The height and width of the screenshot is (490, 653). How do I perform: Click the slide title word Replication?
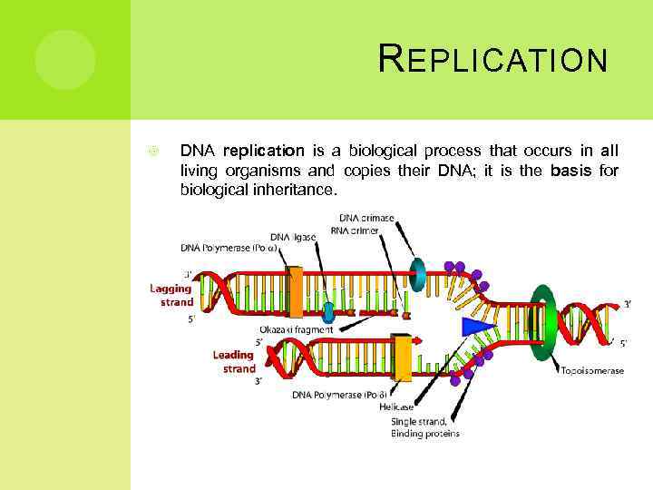(x=492, y=60)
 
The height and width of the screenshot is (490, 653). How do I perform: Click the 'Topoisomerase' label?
(x=591, y=369)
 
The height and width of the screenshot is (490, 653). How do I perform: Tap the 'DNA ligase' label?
(x=293, y=237)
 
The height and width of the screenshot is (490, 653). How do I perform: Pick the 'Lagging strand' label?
(x=171, y=295)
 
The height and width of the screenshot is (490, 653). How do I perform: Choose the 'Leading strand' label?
(x=234, y=361)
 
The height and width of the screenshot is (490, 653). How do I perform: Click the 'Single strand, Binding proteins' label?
(x=424, y=427)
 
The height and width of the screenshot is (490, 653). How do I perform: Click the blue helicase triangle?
(x=478, y=327)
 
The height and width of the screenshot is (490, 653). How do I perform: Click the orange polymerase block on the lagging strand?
(x=295, y=291)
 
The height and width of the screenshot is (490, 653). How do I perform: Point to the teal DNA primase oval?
(x=418, y=270)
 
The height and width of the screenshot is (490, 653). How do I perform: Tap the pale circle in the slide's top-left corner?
(x=65, y=60)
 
